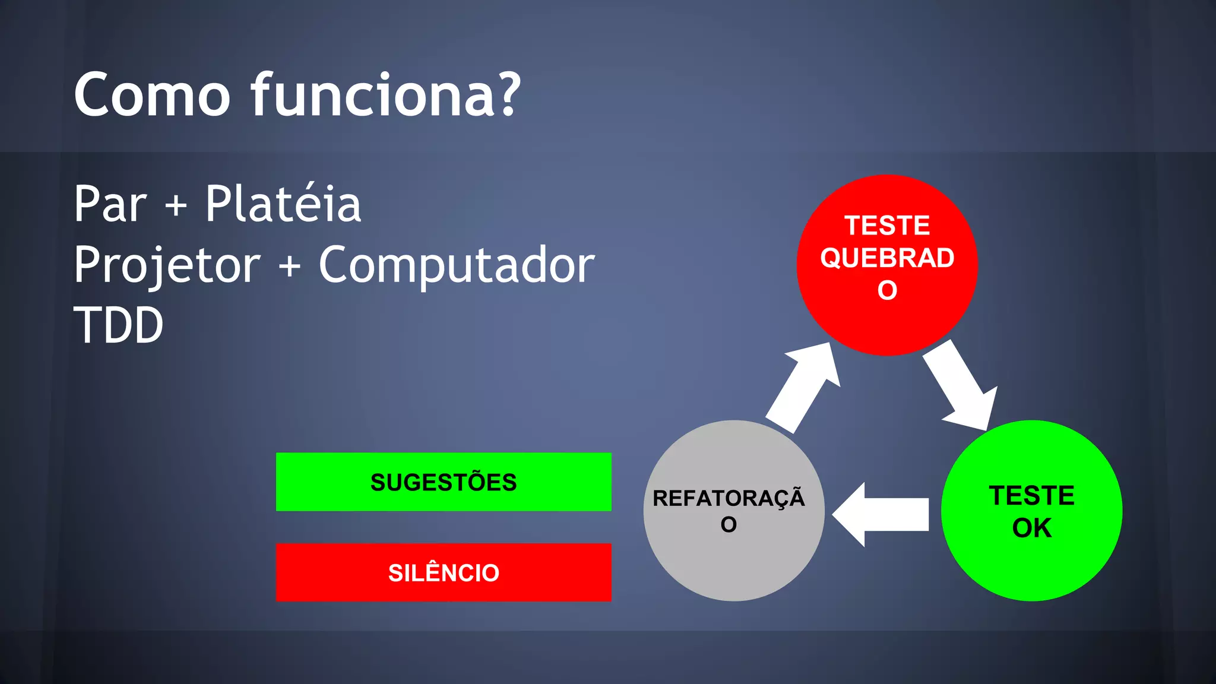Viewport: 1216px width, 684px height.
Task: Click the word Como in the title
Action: (x=152, y=95)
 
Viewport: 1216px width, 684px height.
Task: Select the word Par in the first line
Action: (x=110, y=205)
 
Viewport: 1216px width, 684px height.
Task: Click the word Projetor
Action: (x=167, y=265)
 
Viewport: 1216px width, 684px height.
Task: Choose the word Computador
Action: (x=457, y=265)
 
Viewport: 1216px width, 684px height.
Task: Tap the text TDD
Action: (x=118, y=325)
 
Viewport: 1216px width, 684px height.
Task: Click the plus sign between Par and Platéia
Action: (x=176, y=207)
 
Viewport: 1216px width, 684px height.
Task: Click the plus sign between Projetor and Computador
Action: (x=290, y=267)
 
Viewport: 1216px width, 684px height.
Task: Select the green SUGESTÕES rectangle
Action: (x=444, y=482)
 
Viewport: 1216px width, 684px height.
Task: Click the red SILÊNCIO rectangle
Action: (x=444, y=572)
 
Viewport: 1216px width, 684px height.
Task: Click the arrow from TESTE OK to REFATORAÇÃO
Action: (x=882, y=514)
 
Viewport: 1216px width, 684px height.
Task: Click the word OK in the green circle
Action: (x=1032, y=528)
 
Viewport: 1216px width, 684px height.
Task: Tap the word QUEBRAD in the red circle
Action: (x=887, y=258)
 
